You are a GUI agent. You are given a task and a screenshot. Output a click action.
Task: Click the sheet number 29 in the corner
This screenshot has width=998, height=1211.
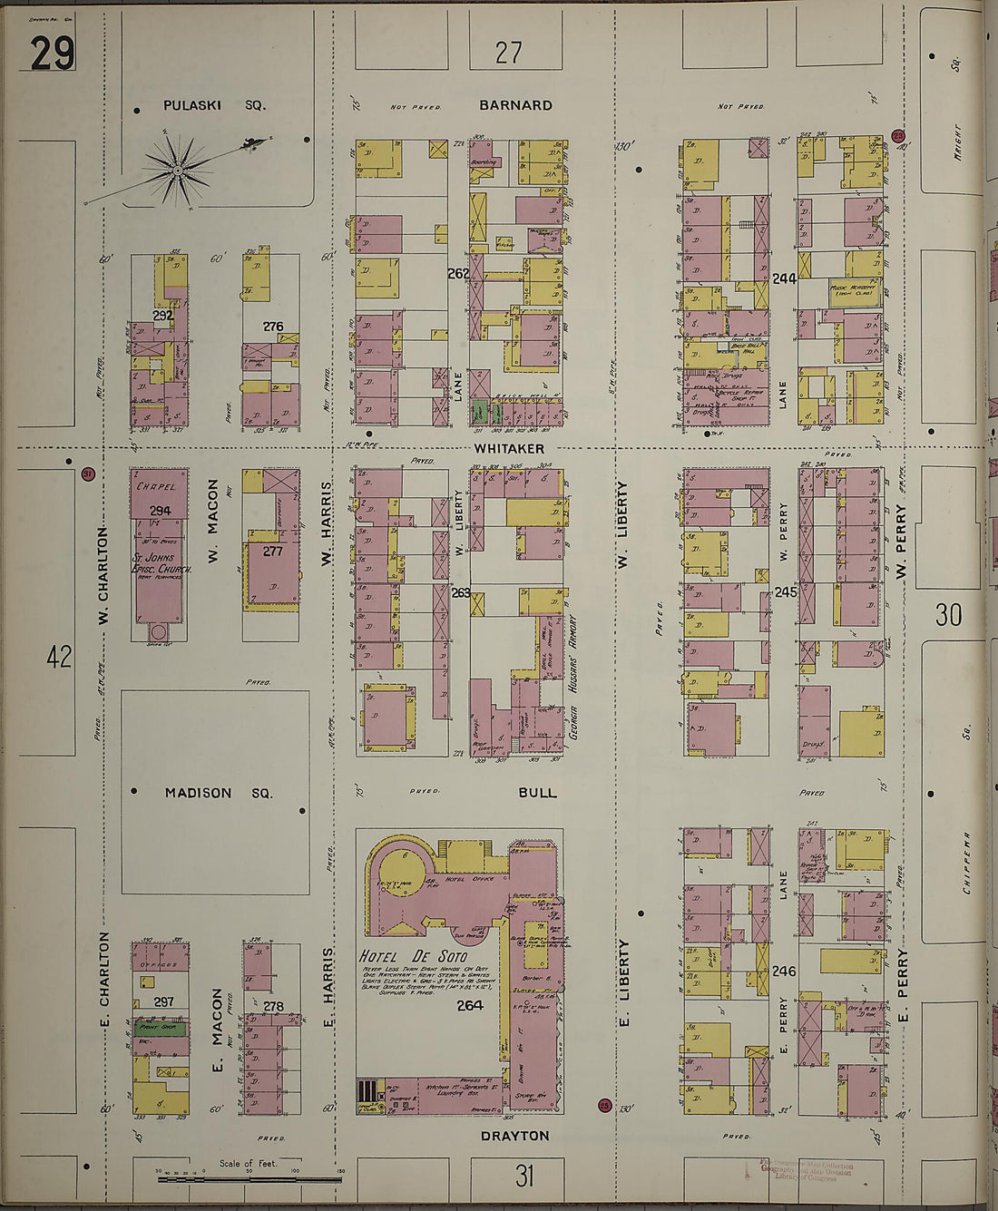52,54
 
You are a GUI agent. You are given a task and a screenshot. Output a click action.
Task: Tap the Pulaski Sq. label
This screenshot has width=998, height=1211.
214,105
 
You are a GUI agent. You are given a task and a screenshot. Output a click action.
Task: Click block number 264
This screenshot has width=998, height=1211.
470,1005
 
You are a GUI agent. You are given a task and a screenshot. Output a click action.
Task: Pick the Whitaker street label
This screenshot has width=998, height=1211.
509,448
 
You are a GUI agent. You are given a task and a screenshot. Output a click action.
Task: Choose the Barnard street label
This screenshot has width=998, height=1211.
515,105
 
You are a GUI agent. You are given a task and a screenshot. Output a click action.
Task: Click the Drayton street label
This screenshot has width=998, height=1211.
514,1136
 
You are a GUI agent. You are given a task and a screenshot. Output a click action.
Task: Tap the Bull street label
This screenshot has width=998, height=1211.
537,792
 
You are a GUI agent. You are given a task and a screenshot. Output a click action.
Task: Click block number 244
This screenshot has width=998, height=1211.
784,278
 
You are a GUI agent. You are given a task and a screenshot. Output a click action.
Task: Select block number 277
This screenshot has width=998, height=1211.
272,551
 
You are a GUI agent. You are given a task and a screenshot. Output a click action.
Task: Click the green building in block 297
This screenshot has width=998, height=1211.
161,1028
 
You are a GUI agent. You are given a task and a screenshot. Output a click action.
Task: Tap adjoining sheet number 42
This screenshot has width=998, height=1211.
59,657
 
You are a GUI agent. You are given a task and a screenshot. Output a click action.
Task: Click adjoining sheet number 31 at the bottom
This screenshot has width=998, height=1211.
523,1177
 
